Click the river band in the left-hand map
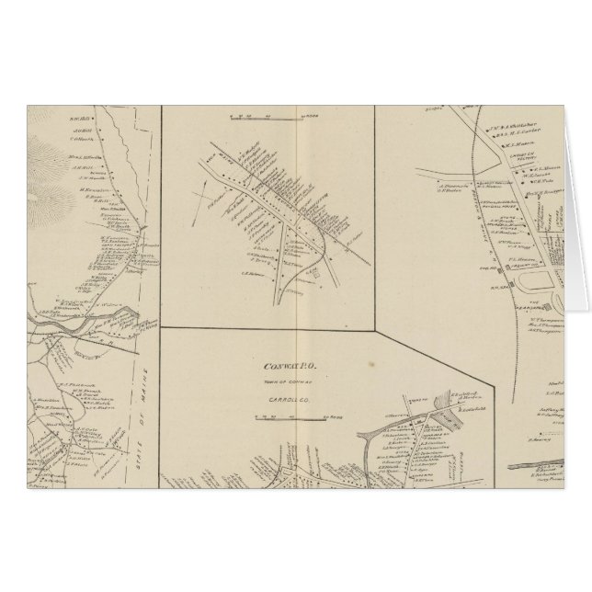pyautogui.click(x=92, y=322)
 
